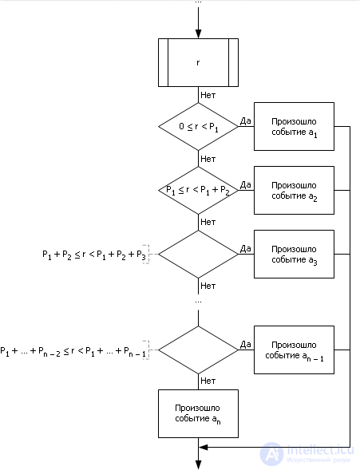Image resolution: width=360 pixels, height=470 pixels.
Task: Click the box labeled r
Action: point(199,62)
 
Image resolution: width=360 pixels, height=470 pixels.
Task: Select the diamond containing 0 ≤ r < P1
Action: point(199,126)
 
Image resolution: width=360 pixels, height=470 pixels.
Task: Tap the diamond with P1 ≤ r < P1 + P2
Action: point(199,190)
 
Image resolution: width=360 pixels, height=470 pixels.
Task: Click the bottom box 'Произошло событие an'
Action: point(199,413)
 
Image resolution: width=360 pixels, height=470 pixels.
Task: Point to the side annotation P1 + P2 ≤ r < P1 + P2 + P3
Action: point(94,255)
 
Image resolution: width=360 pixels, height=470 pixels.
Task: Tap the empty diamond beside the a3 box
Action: point(199,254)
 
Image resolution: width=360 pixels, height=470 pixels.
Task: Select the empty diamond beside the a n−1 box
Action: point(199,350)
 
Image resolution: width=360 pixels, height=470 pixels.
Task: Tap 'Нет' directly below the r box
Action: point(208,94)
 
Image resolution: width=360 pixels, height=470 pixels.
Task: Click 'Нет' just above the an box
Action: point(208,381)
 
